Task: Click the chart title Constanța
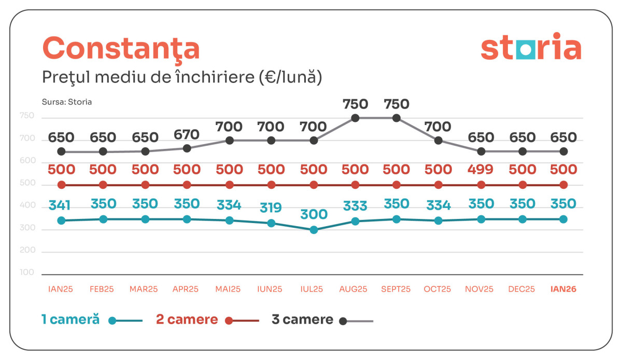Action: [120, 49]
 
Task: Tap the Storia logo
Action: [531, 48]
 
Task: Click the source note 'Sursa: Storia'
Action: [67, 102]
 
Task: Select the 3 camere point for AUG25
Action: [355, 118]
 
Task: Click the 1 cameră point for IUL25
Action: [314, 230]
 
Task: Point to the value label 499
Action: [480, 170]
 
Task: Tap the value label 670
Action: [187, 135]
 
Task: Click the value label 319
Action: [271, 208]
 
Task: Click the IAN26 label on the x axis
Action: [563, 289]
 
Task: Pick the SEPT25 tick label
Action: [396, 289]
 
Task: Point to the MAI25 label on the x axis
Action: [228, 289]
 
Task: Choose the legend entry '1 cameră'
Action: [70, 320]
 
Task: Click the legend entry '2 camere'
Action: [187, 320]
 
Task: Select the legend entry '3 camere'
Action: [303, 320]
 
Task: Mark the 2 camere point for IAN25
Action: [61, 185]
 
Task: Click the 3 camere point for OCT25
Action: [439, 141]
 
